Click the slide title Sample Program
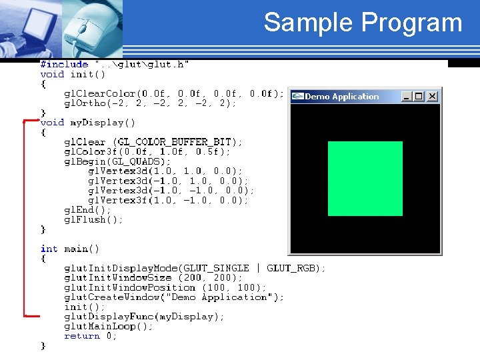pyautogui.click(x=363, y=23)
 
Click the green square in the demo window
pyautogui.click(x=365, y=178)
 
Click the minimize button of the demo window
pyautogui.click(x=407, y=96)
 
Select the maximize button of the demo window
pyautogui.click(x=419, y=96)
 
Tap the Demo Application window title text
pyautogui.click(x=341, y=97)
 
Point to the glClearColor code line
pyautogui.click(x=174, y=93)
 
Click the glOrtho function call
pyautogui.click(x=150, y=103)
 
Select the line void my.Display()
pyautogui.click(x=88, y=123)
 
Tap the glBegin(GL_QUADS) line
pyautogui.click(x=117, y=161)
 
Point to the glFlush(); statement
pyautogui.click(x=93, y=219)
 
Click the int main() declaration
pyautogui.click(x=70, y=249)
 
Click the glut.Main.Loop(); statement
pyautogui.click(x=108, y=326)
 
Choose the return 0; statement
pyautogui.click(x=91, y=336)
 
